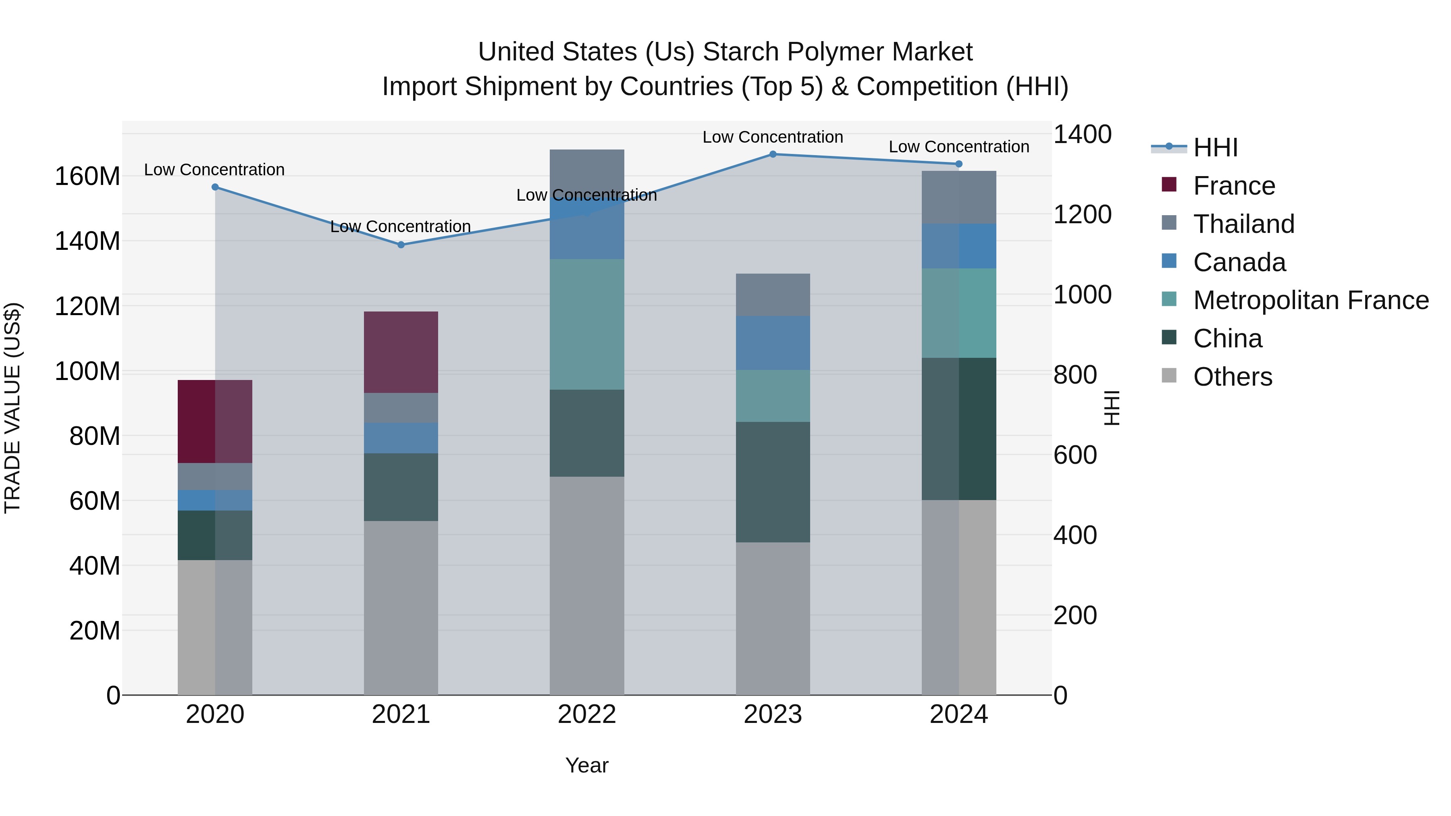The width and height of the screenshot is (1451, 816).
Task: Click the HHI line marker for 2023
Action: (773, 154)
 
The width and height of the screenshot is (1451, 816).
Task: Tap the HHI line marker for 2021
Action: (401, 245)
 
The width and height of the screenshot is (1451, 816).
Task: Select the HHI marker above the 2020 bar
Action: (215, 187)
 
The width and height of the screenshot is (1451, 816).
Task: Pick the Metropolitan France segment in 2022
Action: (587, 324)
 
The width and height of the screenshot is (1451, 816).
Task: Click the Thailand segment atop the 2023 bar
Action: (773, 295)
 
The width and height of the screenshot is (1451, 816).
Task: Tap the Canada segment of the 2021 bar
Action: (401, 438)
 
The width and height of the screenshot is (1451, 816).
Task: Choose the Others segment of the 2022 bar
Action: (587, 586)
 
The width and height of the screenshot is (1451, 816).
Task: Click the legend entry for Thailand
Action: (1244, 224)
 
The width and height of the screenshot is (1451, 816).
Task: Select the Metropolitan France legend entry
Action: (1311, 300)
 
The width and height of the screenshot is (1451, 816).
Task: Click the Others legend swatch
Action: (1169, 376)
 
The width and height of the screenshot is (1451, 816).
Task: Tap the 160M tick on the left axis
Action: (87, 176)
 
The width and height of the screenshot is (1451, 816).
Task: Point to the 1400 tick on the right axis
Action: (1082, 135)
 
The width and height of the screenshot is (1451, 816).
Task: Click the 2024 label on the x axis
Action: (959, 714)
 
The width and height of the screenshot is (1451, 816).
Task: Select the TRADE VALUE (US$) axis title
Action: (13, 408)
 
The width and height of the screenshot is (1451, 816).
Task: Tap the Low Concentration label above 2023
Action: (773, 137)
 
